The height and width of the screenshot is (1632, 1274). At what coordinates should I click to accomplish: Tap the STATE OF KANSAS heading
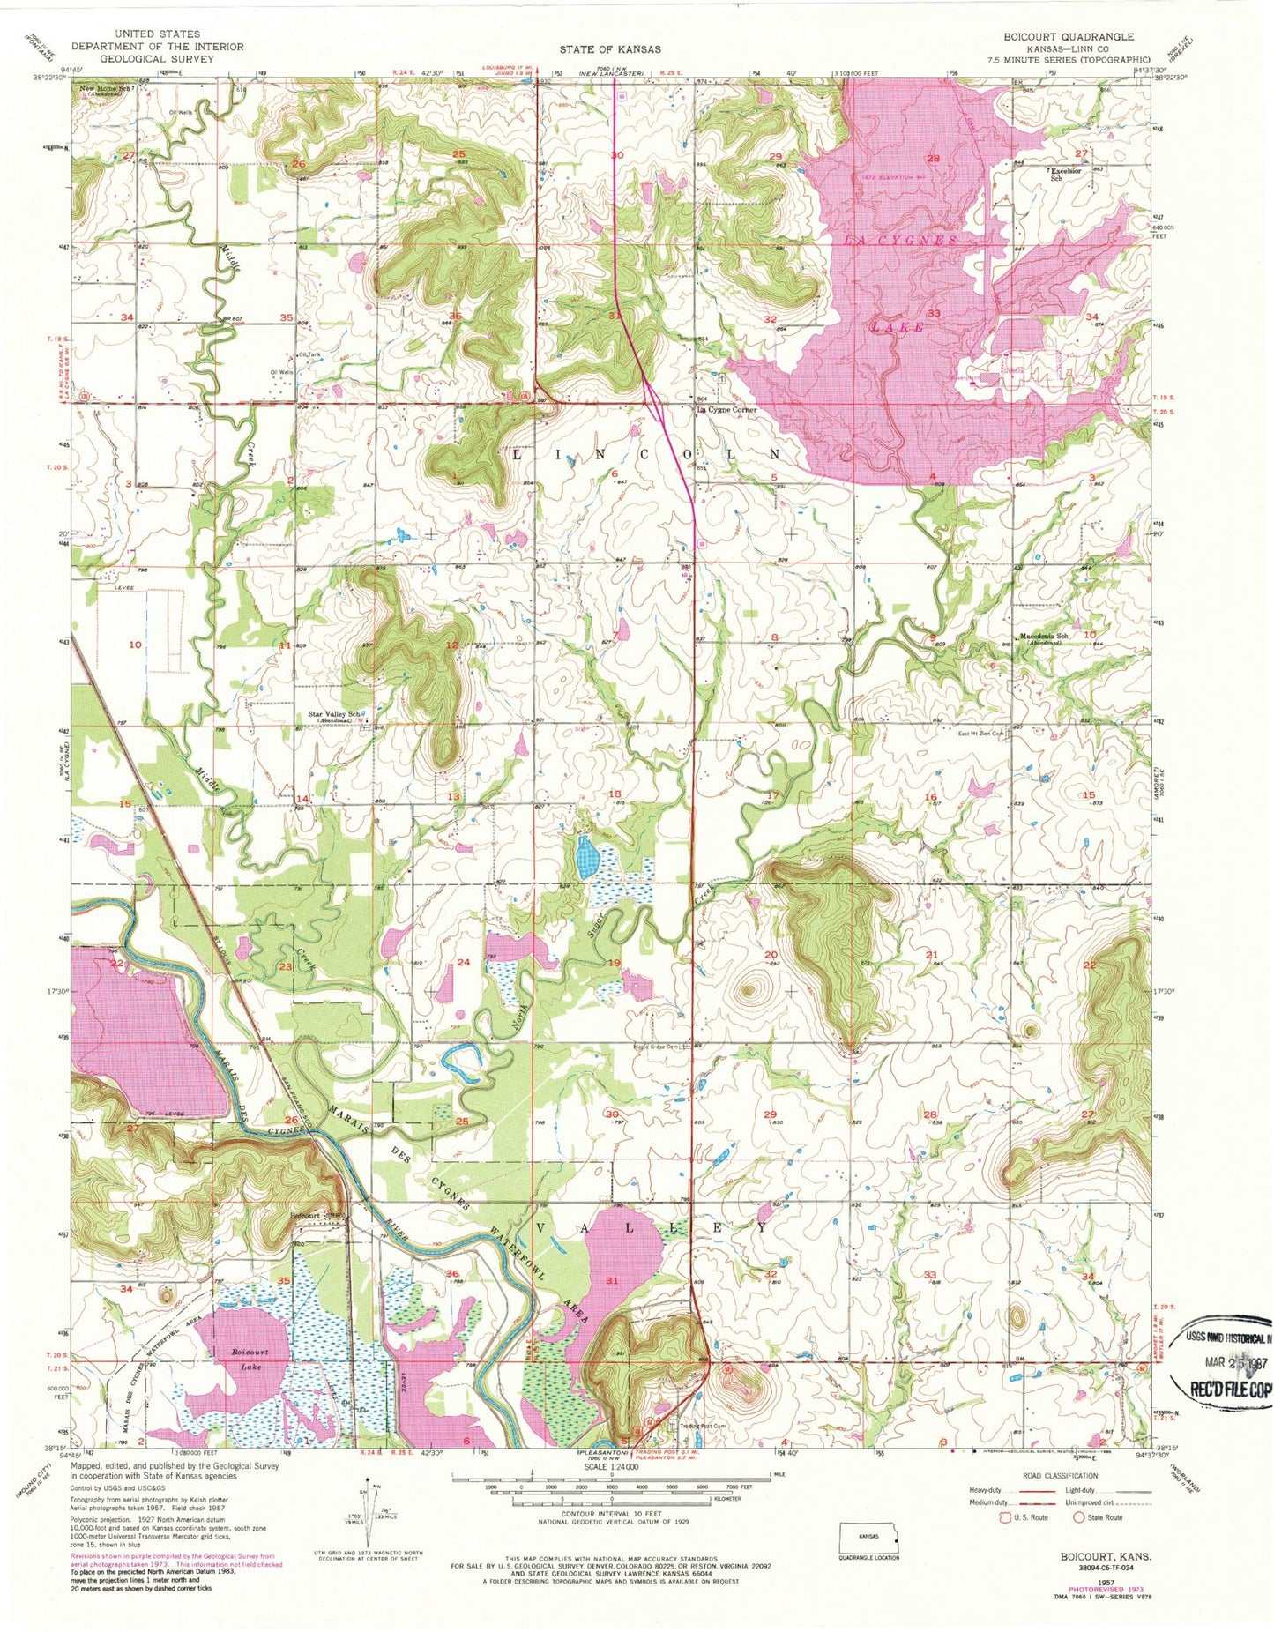[610, 49]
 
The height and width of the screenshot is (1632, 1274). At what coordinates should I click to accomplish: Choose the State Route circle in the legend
[1078, 1518]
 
